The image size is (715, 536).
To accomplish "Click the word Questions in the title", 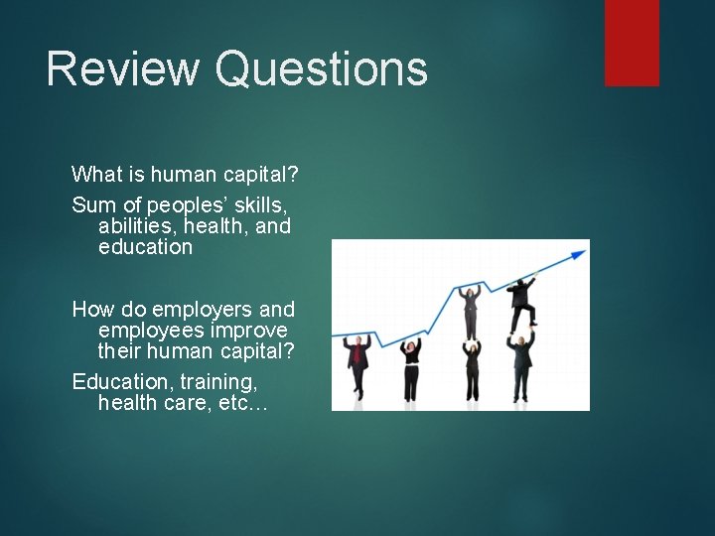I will click(321, 69).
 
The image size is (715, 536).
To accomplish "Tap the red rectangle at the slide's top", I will click(632, 42).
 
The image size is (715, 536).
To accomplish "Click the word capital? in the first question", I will click(263, 175).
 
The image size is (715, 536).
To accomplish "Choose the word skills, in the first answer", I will click(257, 205).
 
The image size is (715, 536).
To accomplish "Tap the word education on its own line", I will click(145, 247).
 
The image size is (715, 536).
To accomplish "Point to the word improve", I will click(251, 331).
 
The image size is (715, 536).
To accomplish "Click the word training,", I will click(216, 381).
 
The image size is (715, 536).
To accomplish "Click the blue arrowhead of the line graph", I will click(578, 254).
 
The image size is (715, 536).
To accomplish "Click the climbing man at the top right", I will click(522, 302).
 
